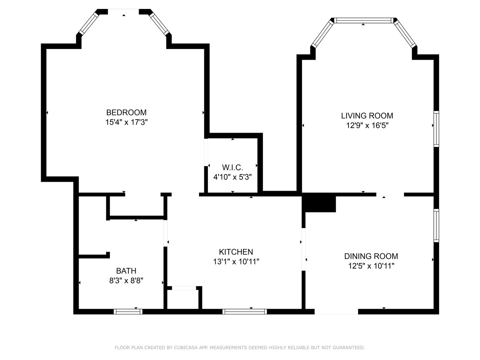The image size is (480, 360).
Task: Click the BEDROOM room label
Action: (x=126, y=112)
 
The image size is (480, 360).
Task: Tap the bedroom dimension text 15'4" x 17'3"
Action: (x=126, y=122)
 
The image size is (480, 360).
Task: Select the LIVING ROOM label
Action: (x=367, y=116)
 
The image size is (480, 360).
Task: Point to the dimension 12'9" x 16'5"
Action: (x=367, y=125)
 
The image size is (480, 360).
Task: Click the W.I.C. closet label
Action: (x=232, y=167)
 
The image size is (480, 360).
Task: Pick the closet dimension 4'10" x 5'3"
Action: (x=232, y=177)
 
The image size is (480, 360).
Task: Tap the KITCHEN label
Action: (x=236, y=252)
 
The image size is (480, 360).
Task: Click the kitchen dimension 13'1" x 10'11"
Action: (x=236, y=261)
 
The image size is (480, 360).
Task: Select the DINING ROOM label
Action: (x=371, y=256)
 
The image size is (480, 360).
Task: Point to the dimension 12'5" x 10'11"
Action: (x=371, y=266)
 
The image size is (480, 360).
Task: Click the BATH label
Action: (x=126, y=271)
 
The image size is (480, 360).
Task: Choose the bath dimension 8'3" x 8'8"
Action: (x=126, y=280)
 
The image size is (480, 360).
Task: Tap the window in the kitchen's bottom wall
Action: (x=245, y=311)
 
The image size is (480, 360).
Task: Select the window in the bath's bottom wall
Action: (x=128, y=311)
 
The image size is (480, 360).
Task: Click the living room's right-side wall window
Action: (x=436, y=129)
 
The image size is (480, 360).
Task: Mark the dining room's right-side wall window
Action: (x=436, y=225)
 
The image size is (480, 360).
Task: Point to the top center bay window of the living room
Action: (x=363, y=20)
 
